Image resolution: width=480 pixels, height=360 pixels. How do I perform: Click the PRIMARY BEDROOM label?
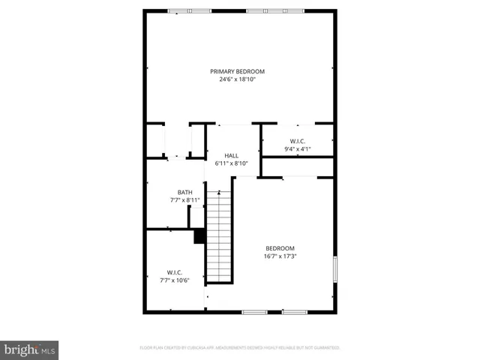tap(237, 71)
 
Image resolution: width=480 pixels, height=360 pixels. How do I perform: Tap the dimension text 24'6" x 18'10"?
tap(237, 79)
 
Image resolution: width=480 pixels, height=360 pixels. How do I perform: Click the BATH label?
tap(184, 192)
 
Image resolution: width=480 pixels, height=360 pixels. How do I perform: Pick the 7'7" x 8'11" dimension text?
tap(184, 199)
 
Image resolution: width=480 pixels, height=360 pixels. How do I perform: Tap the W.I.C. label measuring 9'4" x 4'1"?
tap(297, 141)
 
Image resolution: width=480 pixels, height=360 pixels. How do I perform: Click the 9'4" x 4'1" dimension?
tap(297, 148)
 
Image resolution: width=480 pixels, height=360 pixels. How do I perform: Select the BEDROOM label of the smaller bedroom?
tap(280, 248)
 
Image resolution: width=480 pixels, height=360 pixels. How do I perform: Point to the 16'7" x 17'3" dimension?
tap(280, 256)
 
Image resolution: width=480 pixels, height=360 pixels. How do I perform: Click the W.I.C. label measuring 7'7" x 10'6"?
tap(175, 272)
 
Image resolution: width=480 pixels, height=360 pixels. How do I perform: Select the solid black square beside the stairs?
tap(199, 236)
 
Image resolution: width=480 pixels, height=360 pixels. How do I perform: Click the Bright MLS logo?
tap(29, 349)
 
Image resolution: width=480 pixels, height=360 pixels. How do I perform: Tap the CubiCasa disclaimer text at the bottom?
tap(239, 348)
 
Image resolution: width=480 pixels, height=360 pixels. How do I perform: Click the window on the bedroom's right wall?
tap(334, 268)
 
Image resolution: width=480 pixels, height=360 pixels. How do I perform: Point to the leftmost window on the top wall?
tap(178, 10)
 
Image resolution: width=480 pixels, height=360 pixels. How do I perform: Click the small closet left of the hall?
tap(176, 141)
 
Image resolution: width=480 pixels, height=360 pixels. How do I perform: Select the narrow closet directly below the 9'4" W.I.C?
tap(297, 166)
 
